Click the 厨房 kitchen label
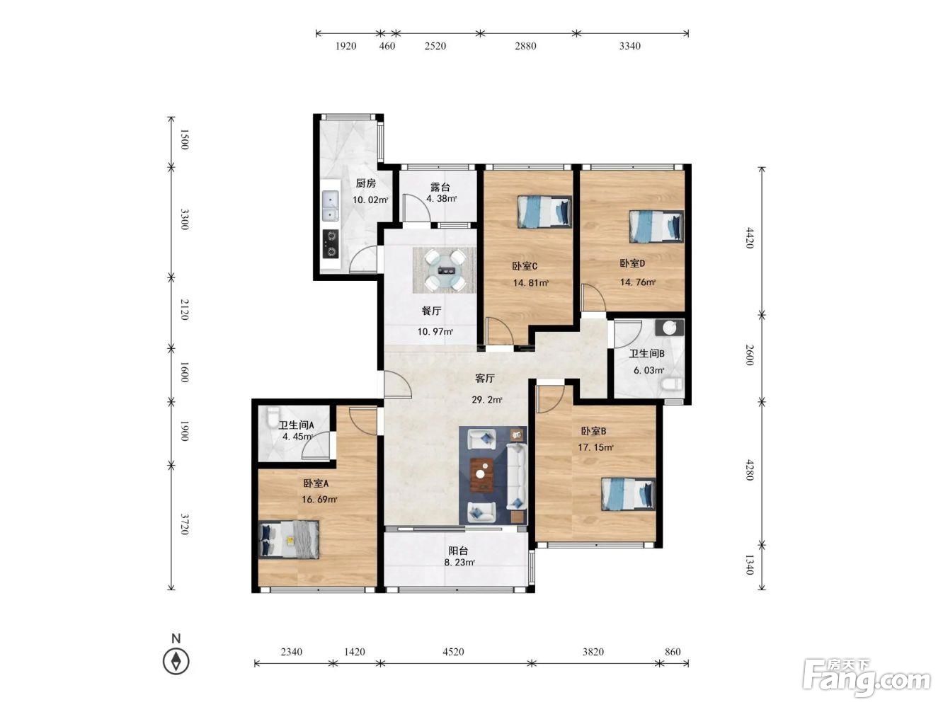[365, 184]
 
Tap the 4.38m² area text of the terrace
[441, 199]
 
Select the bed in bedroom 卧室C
[544, 212]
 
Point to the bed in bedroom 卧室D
[656, 226]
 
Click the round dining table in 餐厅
[445, 270]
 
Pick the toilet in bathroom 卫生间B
[670, 384]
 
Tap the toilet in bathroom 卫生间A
[273, 418]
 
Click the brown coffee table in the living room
[481, 475]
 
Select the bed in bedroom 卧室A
[288, 539]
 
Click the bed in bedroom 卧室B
[628, 494]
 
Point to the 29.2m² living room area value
[487, 400]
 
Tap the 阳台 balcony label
[458, 551]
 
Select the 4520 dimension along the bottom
[453, 652]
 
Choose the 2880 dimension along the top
[525, 46]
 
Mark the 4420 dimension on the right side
[749, 238]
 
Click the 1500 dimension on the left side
[184, 139]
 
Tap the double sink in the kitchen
[331, 206]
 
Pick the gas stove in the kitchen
[331, 244]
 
